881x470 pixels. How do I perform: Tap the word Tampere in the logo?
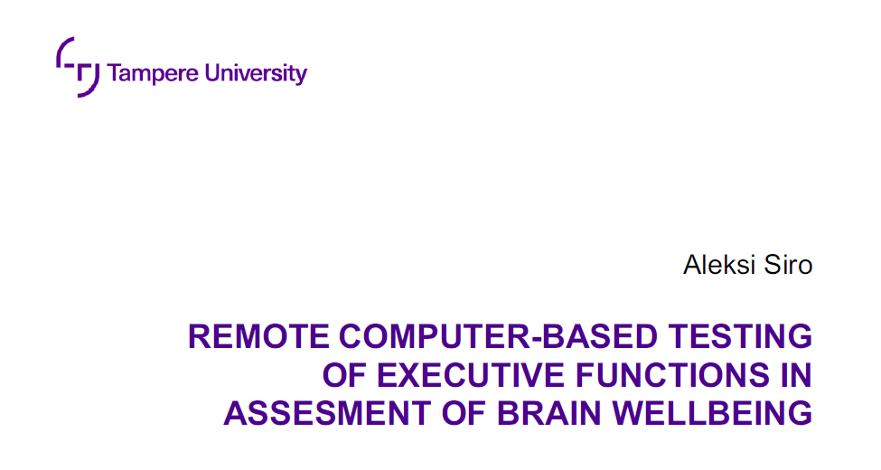click(x=153, y=73)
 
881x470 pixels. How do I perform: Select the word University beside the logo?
click(x=256, y=73)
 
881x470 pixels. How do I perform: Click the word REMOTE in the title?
click(x=259, y=336)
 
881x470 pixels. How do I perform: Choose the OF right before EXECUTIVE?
click(x=344, y=375)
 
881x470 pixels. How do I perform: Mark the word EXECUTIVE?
click(x=470, y=375)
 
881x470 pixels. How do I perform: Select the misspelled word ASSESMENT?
click(x=328, y=413)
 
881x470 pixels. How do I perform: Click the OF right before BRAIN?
click(x=464, y=413)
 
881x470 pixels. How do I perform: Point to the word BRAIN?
click(x=549, y=413)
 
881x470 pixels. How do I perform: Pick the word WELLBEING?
click(x=712, y=413)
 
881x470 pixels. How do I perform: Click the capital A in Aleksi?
click(x=692, y=265)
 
